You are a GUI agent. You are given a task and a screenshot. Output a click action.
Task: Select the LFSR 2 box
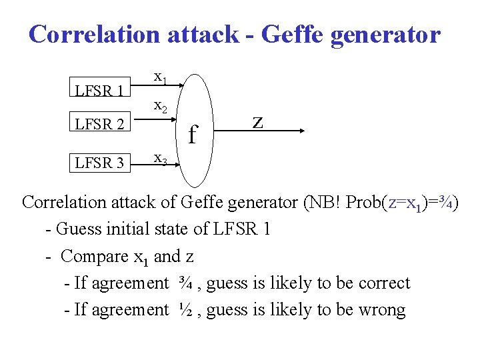(x=99, y=124)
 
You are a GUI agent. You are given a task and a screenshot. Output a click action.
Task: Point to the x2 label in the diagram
(x=161, y=105)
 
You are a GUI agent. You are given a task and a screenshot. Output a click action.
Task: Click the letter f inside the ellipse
(x=193, y=135)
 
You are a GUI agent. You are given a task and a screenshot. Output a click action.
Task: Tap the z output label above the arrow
(x=257, y=122)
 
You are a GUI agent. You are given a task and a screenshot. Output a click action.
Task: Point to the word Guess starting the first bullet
(x=79, y=229)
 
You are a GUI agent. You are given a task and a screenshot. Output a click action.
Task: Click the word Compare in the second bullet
(x=94, y=256)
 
